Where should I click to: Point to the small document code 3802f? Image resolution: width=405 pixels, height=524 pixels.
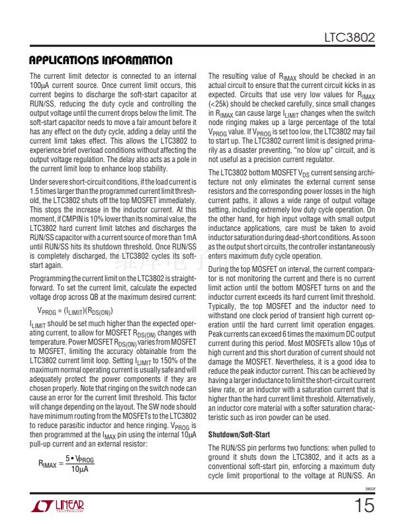coord(370,490)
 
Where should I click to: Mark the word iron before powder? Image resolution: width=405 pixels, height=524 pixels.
coord(296,418)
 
